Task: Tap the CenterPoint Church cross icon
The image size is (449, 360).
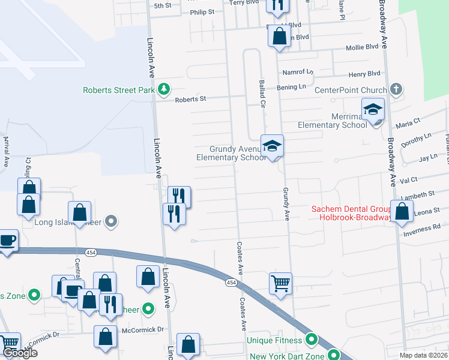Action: [395, 90]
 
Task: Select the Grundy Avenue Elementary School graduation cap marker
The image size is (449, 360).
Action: [272, 146]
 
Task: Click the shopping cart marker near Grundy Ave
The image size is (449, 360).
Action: [281, 283]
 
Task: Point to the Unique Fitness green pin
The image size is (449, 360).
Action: [311, 340]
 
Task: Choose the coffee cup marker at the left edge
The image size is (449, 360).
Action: [7, 241]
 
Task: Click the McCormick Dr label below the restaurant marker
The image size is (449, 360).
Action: [143, 329]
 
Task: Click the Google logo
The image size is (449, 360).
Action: [19, 353]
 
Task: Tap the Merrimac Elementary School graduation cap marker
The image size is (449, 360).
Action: [373, 110]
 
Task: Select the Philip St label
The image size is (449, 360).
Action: [202, 11]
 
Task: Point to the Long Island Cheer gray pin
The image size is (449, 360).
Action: [110, 222]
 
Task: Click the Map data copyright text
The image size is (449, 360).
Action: [424, 355]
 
